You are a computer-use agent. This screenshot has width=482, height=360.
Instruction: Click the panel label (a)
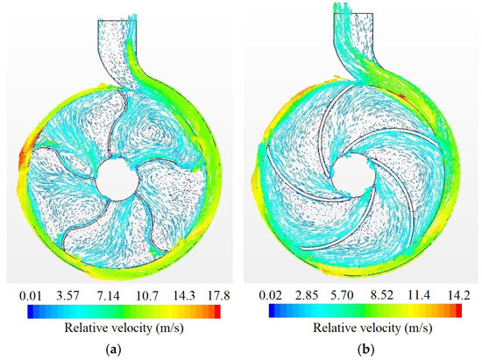[118, 349]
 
